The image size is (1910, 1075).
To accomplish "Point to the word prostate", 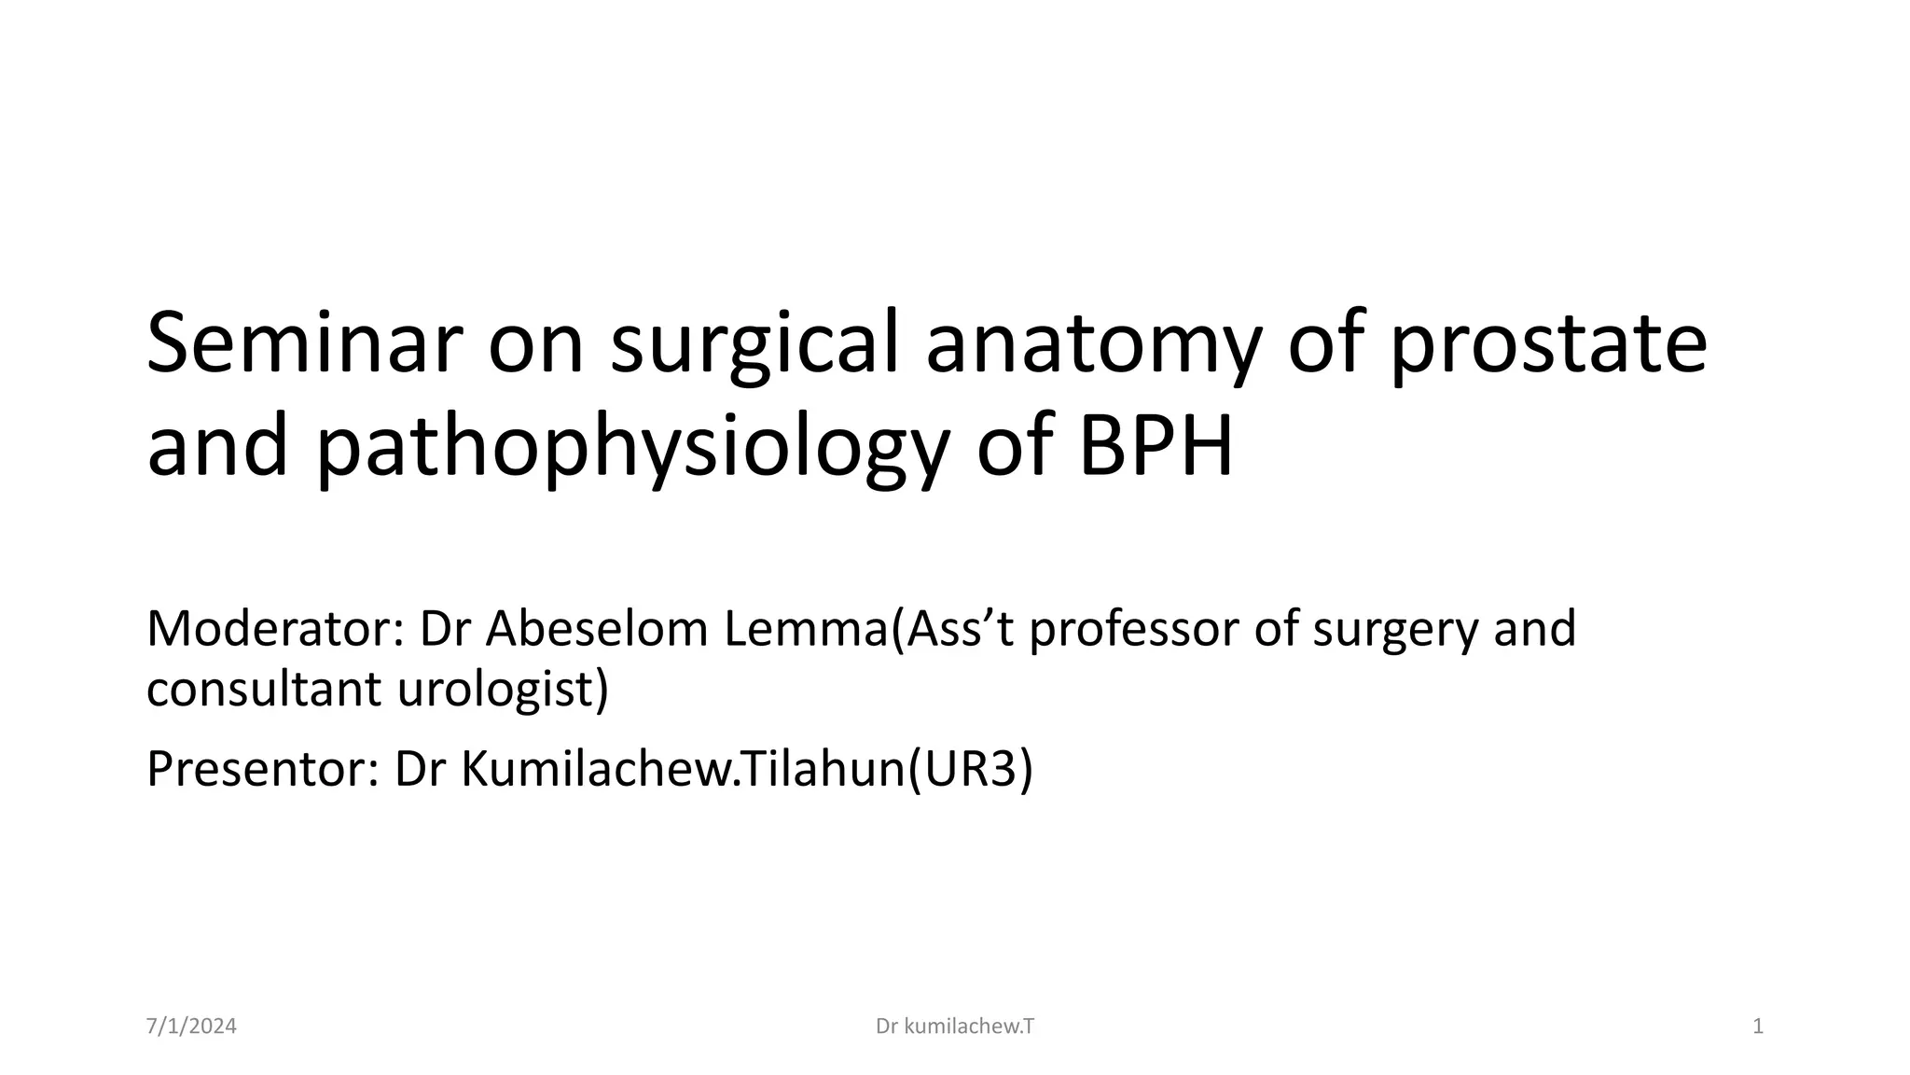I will pyautogui.click(x=1548, y=345).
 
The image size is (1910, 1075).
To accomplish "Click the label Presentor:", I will pyautogui.click(x=262, y=769).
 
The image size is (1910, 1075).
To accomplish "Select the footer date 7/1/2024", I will pyautogui.click(x=191, y=1027).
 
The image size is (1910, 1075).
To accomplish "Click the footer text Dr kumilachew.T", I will pyautogui.click(x=955, y=1027).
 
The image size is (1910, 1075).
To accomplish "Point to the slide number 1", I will pyautogui.click(x=1758, y=1027).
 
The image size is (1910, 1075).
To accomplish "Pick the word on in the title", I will pyautogui.click(x=536, y=345).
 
